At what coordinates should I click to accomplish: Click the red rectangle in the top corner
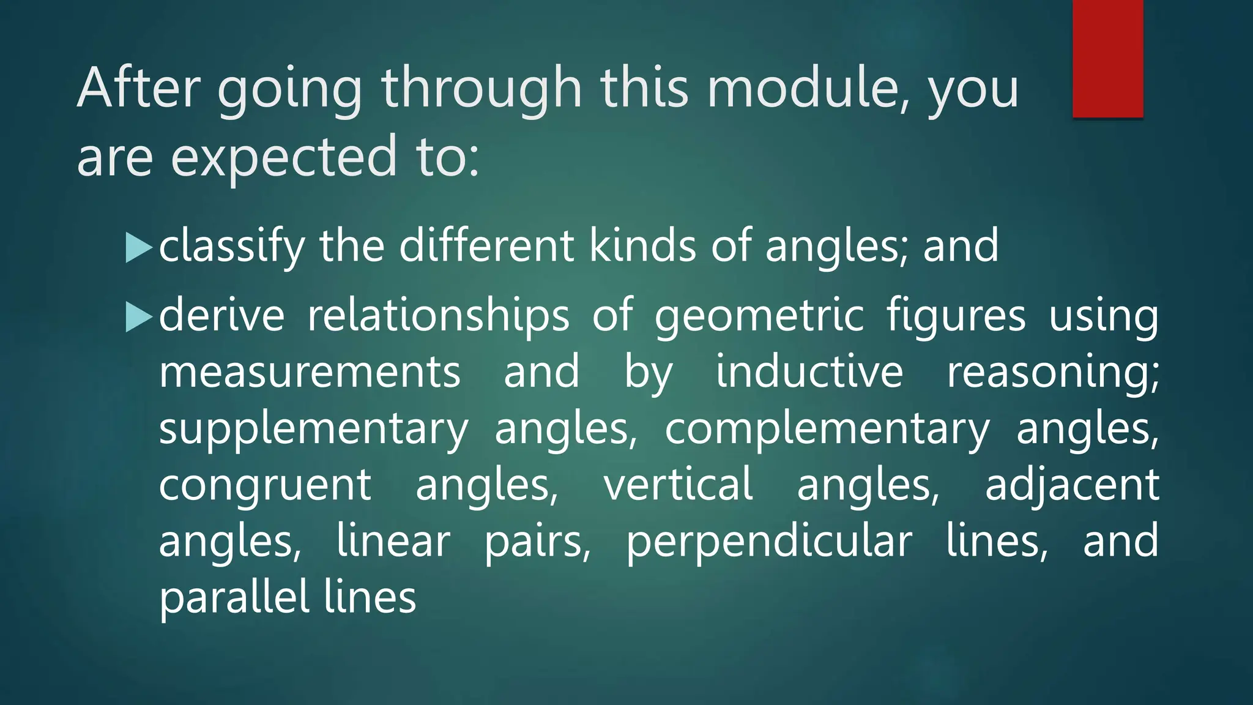1107,59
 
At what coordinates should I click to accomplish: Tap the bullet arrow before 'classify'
138,247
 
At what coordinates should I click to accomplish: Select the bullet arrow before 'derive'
138,317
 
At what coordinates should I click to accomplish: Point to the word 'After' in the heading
139,88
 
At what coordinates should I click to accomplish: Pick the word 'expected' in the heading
284,158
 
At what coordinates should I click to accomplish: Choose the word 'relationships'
438,317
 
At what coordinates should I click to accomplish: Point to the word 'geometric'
759,317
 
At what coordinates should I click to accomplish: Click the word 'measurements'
310,372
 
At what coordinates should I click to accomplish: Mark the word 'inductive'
809,371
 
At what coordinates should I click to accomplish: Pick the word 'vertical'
678,483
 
